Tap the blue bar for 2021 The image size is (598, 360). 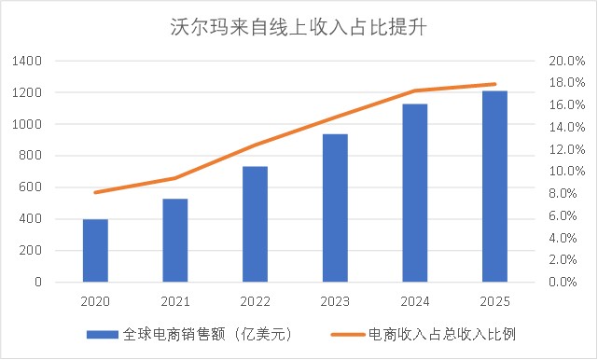pyautogui.click(x=174, y=240)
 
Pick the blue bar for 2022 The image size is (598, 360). pyautogui.click(x=255, y=224)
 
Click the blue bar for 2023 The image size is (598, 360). pyautogui.click(x=335, y=207)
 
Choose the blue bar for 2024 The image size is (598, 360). pyautogui.click(x=414, y=192)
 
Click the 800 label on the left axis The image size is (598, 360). pyautogui.click(x=33, y=156)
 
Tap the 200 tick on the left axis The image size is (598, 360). pyautogui.click(x=33, y=250)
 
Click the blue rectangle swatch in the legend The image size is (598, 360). pyautogui.click(x=102, y=334)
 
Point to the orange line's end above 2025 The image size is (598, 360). pyautogui.click(x=494, y=84)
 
